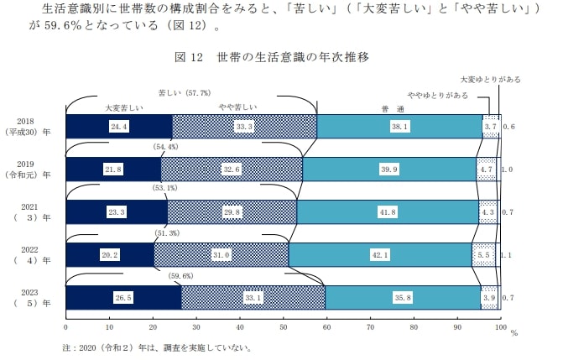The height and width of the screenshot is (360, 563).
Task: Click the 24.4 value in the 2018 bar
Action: tap(118, 126)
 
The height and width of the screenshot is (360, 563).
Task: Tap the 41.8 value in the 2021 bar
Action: tap(388, 213)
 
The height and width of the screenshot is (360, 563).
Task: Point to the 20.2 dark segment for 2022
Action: tap(109, 255)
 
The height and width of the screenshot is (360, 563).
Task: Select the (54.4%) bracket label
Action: tap(165, 147)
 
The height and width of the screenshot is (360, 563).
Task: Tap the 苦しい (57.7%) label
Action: tap(185, 91)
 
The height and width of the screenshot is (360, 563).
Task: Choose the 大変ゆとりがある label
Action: tap(490, 79)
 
